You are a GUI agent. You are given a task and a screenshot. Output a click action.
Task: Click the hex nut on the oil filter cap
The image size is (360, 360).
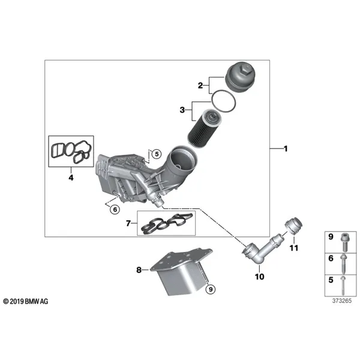[x=245, y=69]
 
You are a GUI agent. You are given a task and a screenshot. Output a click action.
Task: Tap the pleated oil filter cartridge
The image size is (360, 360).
[x=205, y=128]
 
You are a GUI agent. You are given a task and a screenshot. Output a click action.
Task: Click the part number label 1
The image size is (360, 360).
[x=286, y=149]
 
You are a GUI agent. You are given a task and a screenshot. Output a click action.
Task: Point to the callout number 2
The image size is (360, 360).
[x=200, y=86]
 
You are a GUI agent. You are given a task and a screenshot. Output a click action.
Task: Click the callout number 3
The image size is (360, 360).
[x=182, y=110]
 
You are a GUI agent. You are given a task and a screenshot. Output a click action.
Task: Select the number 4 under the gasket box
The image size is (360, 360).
[x=71, y=178]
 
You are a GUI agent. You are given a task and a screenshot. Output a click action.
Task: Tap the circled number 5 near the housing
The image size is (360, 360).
[x=157, y=154]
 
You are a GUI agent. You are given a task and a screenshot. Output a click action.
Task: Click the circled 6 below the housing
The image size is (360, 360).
[x=115, y=209]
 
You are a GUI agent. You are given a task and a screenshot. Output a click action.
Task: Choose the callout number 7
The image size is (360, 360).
[x=128, y=223]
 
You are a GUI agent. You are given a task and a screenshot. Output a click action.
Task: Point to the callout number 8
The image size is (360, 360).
[x=139, y=270]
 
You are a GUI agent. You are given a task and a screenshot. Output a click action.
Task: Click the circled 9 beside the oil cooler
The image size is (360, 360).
[x=211, y=289]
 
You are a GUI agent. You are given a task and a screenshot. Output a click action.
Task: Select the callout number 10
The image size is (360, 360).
[x=259, y=277]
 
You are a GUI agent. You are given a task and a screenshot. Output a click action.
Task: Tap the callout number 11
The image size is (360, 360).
[x=294, y=248]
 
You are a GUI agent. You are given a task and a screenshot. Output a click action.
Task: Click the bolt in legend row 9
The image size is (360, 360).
[x=344, y=242]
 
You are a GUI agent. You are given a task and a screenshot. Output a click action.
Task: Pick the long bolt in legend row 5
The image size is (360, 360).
[x=343, y=286]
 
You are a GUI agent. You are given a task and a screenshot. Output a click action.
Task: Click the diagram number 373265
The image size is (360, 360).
[x=342, y=301]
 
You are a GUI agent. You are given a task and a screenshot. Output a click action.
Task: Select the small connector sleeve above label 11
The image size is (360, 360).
[x=293, y=226]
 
